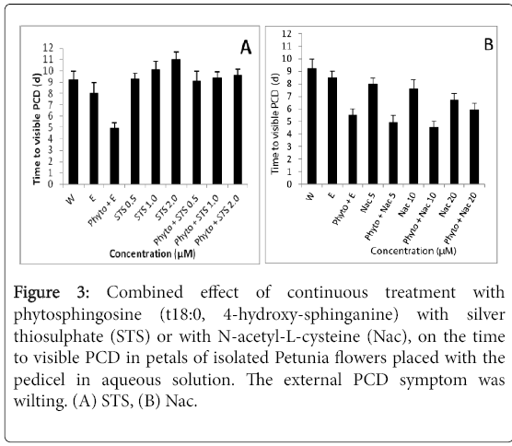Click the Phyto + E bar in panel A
point(114,156)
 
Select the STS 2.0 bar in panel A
point(176,122)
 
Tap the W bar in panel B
point(312,126)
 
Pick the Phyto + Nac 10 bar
point(434,156)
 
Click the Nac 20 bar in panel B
point(454,142)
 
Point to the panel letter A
point(246,48)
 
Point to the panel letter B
point(488,45)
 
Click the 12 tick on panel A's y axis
point(48,48)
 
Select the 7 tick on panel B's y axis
point(288,97)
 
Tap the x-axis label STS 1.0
point(146,207)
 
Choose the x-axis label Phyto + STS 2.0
point(216,219)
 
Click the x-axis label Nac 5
point(368,203)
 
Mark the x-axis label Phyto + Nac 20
point(460,218)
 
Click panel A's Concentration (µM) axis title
point(153,254)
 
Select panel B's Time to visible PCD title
point(275,123)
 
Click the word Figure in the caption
point(37,293)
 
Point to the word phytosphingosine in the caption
point(77,315)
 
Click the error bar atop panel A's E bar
point(94,88)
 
